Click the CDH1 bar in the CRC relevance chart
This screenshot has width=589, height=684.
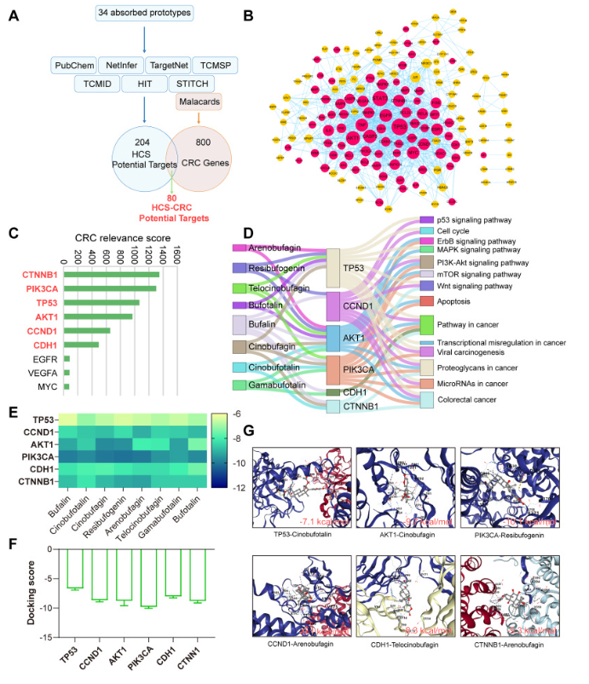click(x=82, y=345)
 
